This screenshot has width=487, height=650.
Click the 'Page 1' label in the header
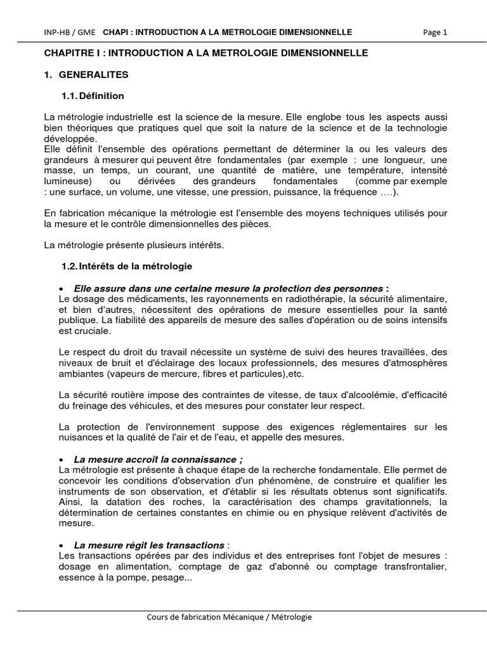[434, 32]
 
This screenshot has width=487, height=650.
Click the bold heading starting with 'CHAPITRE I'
[205, 53]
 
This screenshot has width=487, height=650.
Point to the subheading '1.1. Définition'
[93, 96]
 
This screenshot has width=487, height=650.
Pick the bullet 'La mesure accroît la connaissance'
[159, 459]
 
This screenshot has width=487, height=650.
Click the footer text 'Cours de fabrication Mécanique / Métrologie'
[229, 616]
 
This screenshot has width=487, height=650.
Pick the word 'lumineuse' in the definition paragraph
[67, 182]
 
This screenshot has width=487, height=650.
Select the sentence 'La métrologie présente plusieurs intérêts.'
[133, 244]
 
